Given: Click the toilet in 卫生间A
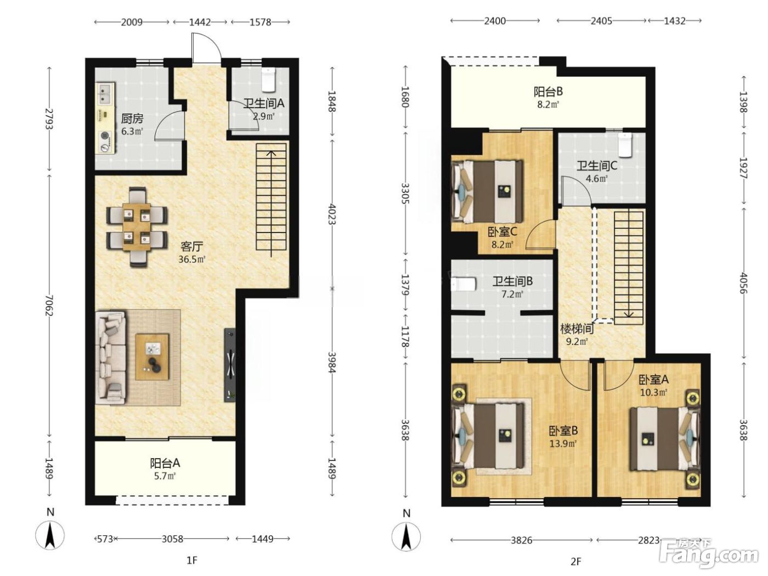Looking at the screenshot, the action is click(x=269, y=78).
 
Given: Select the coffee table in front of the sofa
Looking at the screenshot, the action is click(x=153, y=357).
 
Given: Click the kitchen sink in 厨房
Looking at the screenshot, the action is click(x=105, y=94).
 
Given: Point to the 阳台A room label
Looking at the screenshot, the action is click(x=165, y=463).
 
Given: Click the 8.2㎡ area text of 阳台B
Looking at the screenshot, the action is click(x=548, y=104).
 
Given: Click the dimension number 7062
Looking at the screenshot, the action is click(x=49, y=306).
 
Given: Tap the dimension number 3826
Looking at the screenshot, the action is click(x=521, y=540).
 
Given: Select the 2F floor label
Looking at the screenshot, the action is click(x=575, y=562).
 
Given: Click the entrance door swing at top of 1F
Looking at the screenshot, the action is click(x=206, y=48).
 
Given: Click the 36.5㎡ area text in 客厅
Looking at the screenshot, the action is click(x=191, y=259).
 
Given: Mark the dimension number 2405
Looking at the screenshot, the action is click(x=601, y=21).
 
